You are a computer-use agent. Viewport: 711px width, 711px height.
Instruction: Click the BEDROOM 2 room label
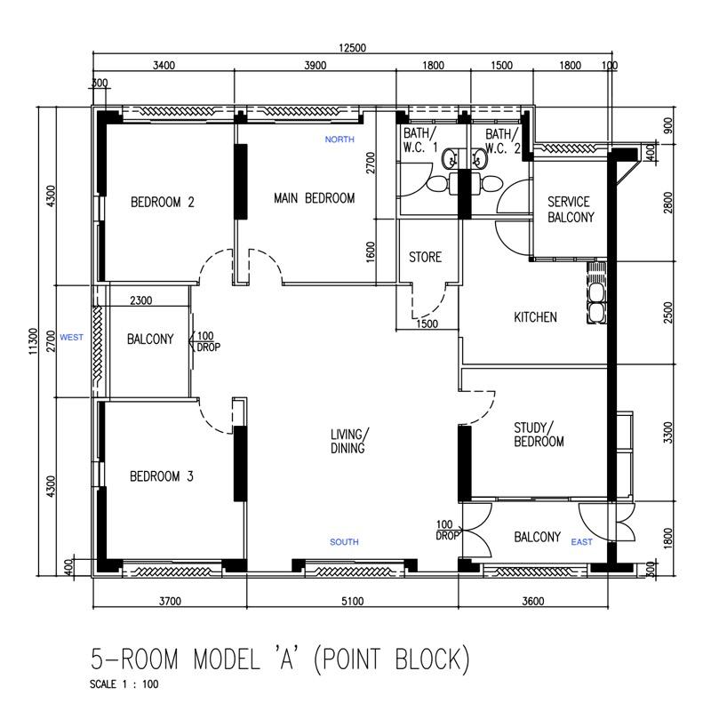click(x=163, y=202)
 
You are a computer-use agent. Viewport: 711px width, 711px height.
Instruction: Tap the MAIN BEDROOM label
click(x=314, y=198)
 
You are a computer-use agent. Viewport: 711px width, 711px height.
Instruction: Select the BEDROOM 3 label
click(x=162, y=476)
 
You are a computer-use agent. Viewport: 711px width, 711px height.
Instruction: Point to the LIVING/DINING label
click(x=348, y=442)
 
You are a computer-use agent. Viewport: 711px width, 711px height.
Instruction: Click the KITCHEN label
click(x=536, y=317)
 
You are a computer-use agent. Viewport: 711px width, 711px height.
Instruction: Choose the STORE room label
click(x=425, y=258)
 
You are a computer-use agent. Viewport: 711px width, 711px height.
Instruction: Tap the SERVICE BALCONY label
click(x=569, y=209)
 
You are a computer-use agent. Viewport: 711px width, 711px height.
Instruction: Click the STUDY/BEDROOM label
click(x=539, y=435)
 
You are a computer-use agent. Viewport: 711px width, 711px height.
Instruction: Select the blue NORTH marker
click(x=340, y=140)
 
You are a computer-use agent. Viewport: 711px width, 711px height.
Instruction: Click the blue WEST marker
click(x=72, y=337)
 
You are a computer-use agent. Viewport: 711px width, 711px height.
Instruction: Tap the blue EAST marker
click(x=582, y=542)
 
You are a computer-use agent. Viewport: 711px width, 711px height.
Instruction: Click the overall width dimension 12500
click(x=353, y=48)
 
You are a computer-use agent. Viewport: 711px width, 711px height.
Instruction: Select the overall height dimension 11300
click(x=34, y=341)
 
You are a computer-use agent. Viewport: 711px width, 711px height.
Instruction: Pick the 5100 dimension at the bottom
click(x=352, y=602)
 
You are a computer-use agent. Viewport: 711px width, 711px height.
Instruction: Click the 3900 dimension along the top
click(x=315, y=65)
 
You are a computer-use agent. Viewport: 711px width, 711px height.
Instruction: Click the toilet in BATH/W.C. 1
click(x=438, y=183)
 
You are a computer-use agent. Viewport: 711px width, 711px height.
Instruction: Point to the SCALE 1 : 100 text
click(x=125, y=684)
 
